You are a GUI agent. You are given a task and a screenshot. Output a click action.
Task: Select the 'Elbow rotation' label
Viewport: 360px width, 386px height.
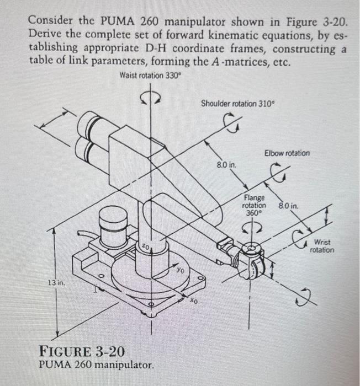pyautogui.click(x=287, y=153)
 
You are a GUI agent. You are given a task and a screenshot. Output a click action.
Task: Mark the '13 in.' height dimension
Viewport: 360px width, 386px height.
pyautogui.click(x=55, y=282)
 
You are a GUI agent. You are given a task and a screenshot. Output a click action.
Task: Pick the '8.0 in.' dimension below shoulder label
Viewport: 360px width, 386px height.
pyautogui.click(x=226, y=164)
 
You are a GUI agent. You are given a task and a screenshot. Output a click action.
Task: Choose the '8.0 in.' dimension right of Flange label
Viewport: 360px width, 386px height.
pyautogui.click(x=288, y=206)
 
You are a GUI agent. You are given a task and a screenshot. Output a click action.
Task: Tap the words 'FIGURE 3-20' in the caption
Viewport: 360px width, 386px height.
pyautogui.click(x=82, y=351)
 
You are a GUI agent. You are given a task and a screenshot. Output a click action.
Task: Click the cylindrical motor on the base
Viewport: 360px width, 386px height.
pyautogui.click(x=113, y=228)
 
